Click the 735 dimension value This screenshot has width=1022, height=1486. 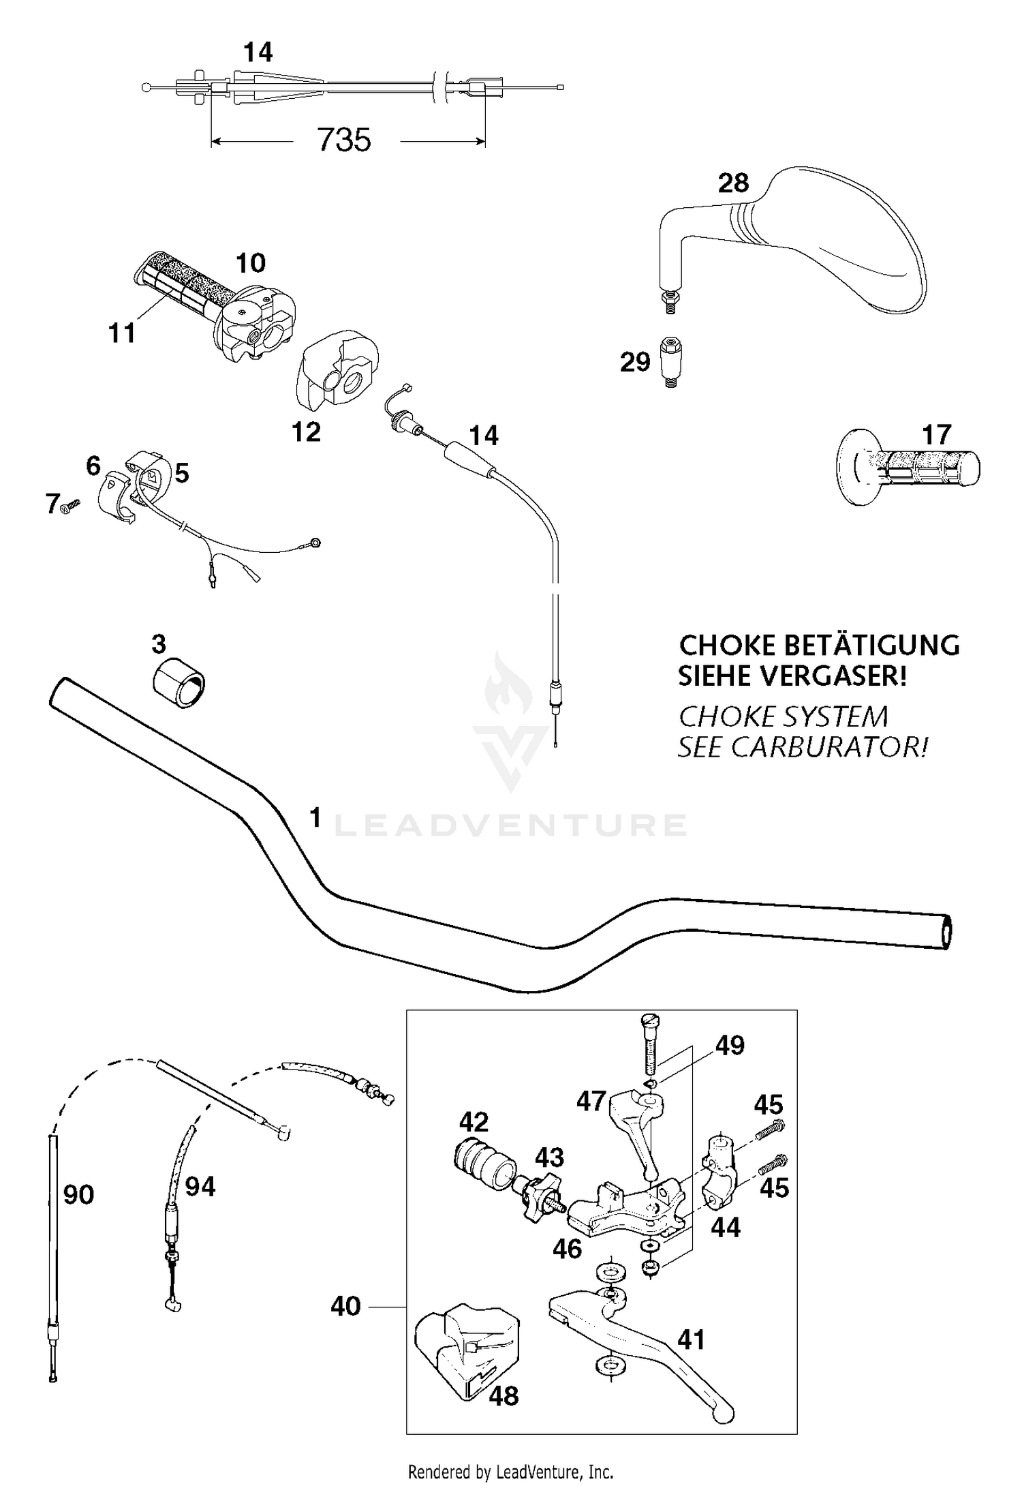coord(344,140)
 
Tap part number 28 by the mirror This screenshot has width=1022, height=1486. coord(733,183)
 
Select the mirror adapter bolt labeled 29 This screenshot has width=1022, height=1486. coord(670,361)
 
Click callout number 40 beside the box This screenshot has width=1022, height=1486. coord(345,1307)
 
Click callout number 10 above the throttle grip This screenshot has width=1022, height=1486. coord(251,262)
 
